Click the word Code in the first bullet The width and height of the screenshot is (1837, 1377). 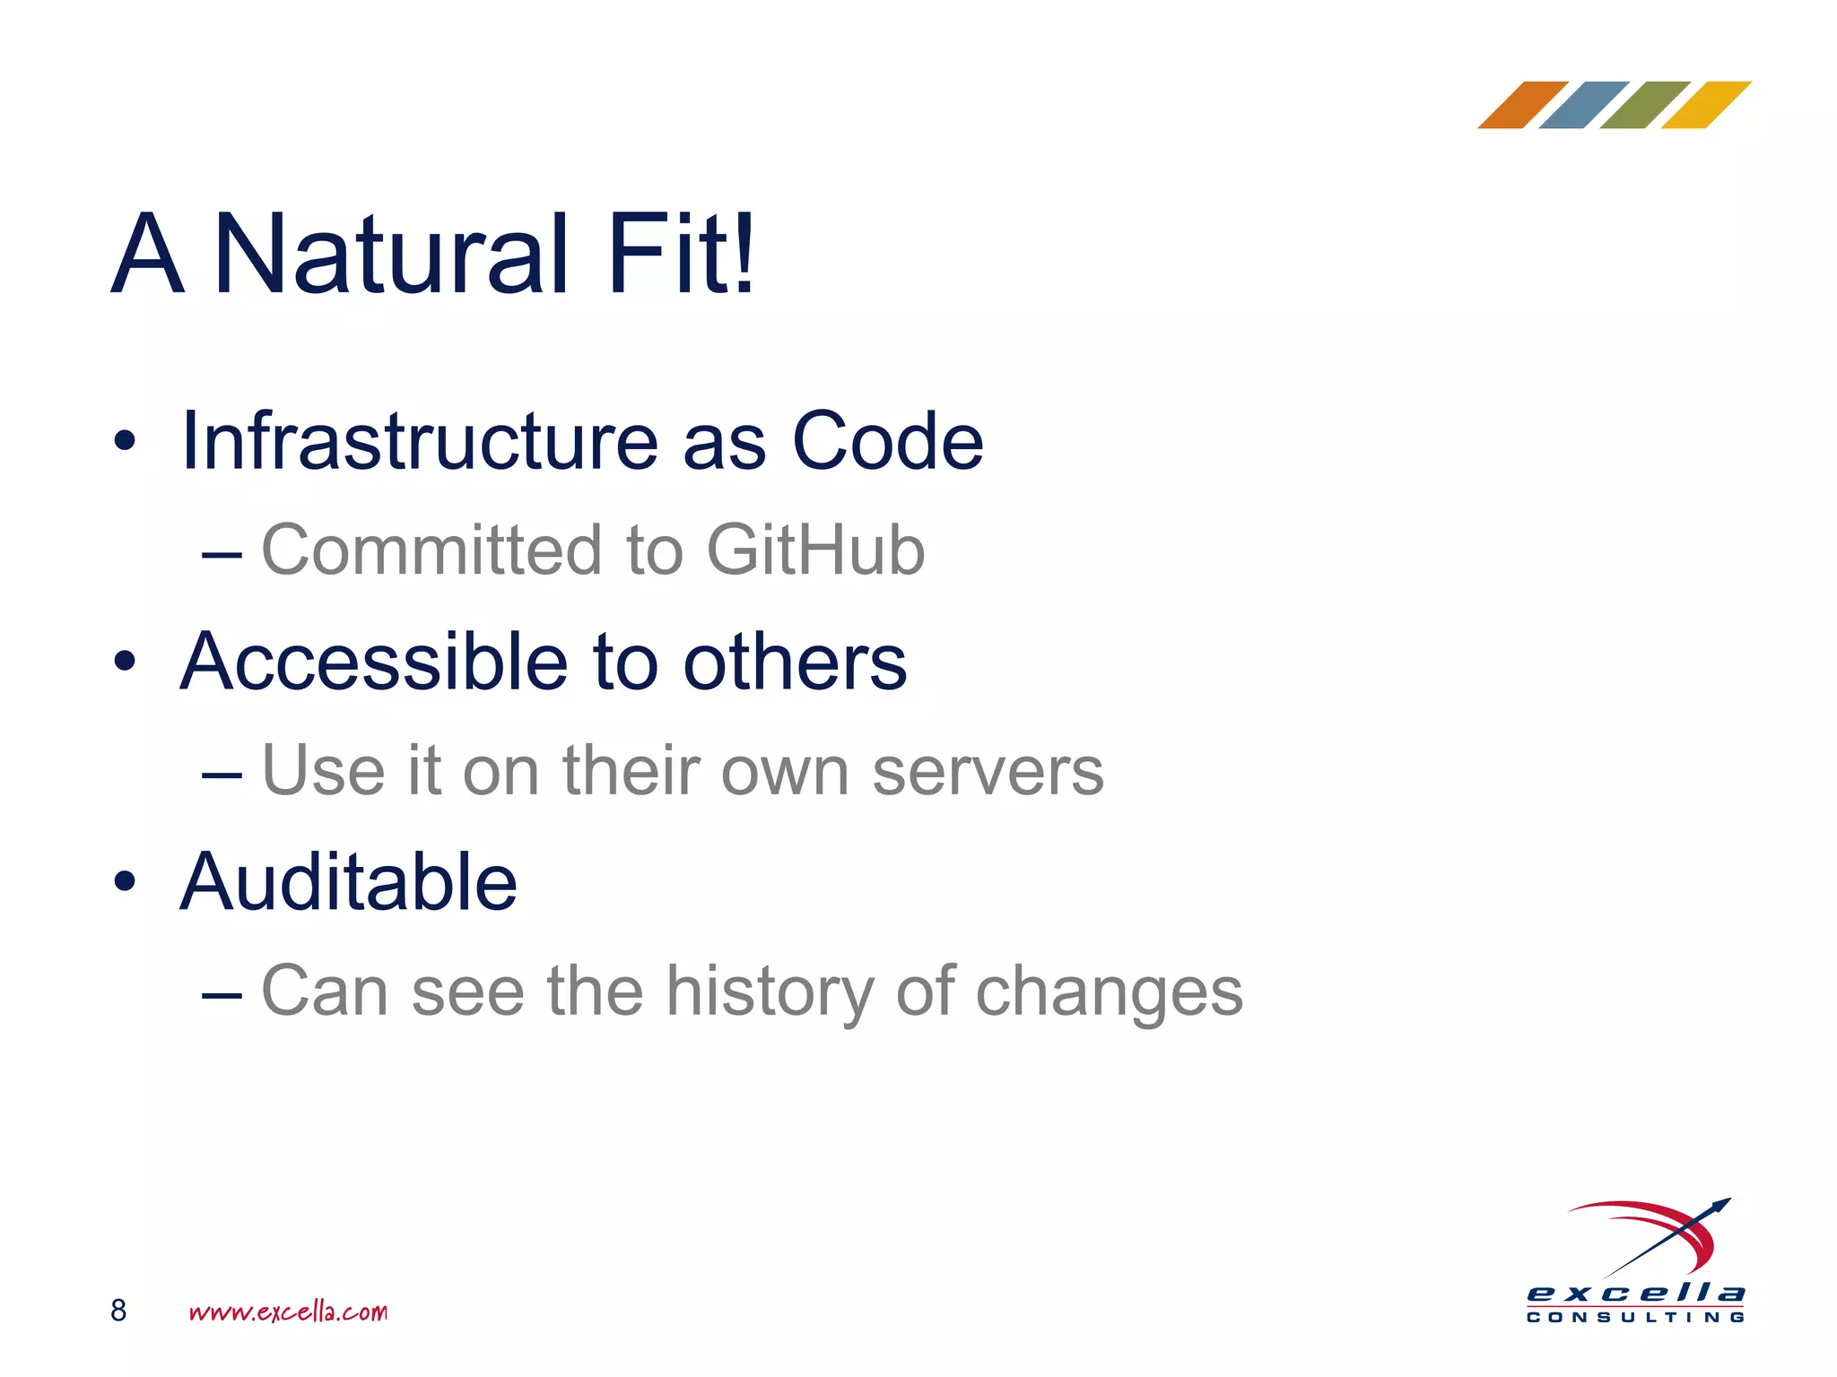887,441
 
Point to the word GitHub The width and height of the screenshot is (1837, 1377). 815,550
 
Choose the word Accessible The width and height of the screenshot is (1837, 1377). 374,662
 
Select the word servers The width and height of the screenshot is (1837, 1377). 988,772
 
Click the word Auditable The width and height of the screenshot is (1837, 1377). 348,882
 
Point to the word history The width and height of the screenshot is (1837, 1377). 769,993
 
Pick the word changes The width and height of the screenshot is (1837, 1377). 1109,993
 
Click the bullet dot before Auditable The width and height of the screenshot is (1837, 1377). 125,882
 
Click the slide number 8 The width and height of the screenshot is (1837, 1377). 118,1311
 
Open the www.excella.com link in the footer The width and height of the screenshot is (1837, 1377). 288,1312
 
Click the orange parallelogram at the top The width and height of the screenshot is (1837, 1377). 1522,105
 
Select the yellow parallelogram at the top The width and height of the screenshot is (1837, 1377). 1706,105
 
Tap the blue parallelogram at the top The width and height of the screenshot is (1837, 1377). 1583,105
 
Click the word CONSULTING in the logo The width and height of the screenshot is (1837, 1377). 1635,1317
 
